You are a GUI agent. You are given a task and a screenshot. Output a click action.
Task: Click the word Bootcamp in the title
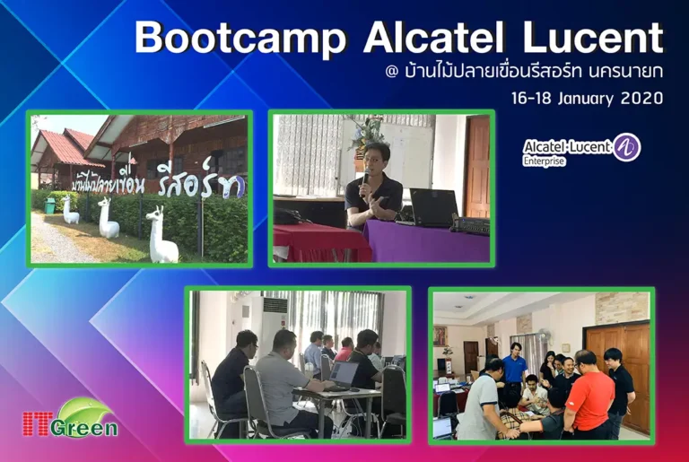point(241,39)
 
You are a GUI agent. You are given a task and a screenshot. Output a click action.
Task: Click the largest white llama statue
point(161,236)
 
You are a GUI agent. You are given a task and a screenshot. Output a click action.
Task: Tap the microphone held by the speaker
point(364,182)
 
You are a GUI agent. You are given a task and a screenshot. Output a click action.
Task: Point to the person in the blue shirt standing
point(514,369)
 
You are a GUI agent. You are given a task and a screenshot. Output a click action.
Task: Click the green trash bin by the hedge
point(49,206)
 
